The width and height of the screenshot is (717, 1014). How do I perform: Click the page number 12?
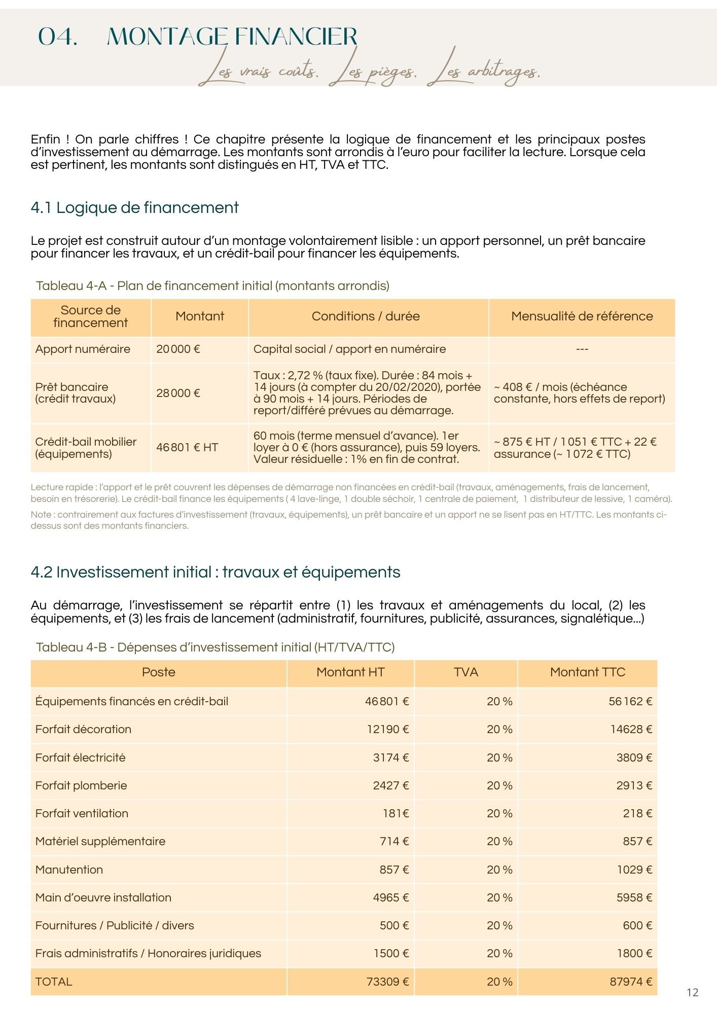[x=692, y=992]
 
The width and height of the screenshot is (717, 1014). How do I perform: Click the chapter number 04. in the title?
[x=58, y=37]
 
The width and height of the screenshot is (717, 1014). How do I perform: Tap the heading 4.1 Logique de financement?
[x=134, y=207]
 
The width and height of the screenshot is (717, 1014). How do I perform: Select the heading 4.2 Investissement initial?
[x=216, y=572]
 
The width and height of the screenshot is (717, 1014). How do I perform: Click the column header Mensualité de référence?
[x=582, y=316]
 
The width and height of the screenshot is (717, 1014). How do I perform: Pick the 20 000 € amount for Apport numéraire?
[x=178, y=349]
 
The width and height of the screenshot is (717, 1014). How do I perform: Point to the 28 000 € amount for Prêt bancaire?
[x=178, y=393]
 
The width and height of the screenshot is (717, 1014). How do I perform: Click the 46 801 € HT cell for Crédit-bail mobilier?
[x=187, y=447]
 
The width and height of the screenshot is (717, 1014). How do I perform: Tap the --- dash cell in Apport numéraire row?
[x=582, y=349]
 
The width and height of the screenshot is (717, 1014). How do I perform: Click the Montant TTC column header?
[x=587, y=672]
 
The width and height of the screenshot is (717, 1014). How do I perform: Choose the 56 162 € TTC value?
[x=630, y=701]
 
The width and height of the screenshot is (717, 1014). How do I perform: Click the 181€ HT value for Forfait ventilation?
[x=396, y=813]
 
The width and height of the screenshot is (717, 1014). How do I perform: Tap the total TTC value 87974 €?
[x=630, y=982]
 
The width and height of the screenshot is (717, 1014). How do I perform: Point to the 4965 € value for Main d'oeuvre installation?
[x=390, y=897]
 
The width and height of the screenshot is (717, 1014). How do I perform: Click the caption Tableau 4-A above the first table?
[x=212, y=286]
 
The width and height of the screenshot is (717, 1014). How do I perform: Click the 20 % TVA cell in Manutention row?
[x=499, y=870]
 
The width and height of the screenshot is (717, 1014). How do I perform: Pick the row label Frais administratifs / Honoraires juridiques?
[x=148, y=953]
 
